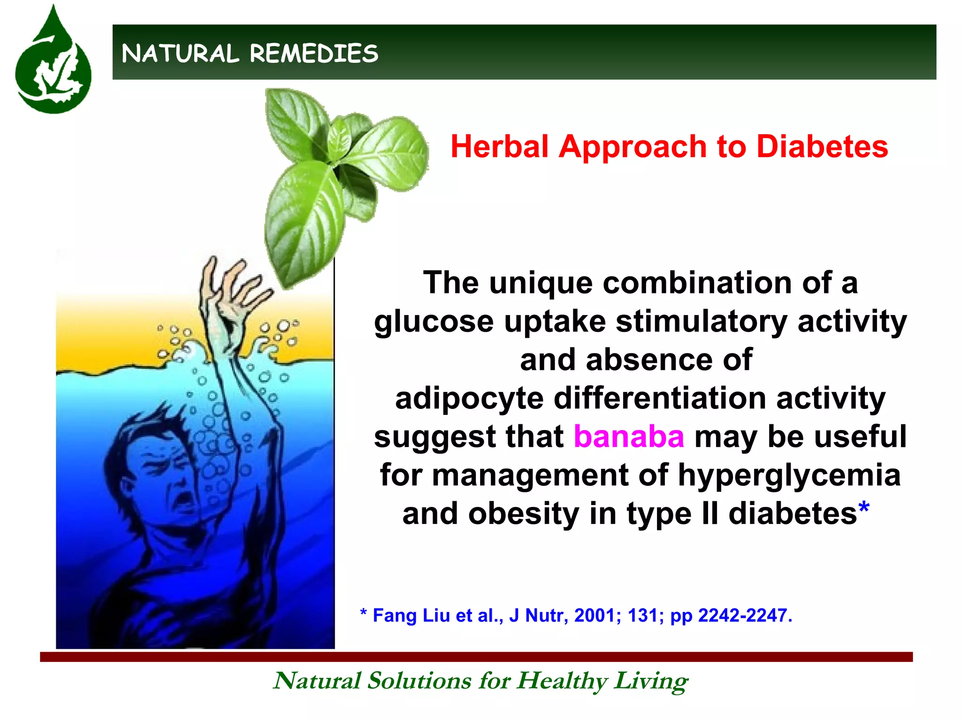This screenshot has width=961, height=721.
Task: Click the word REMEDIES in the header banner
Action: tap(314, 54)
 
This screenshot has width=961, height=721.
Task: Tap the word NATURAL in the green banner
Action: tap(180, 54)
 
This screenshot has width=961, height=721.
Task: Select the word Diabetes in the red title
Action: tap(822, 146)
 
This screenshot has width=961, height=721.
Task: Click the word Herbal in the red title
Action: tap(499, 146)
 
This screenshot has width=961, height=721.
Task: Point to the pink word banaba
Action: tap(629, 437)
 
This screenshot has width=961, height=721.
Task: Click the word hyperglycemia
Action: tap(789, 475)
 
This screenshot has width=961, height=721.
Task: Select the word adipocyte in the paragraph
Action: tap(469, 399)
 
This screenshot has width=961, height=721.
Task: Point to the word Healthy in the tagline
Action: tap(562, 681)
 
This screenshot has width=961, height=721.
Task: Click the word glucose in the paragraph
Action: tap(434, 322)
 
